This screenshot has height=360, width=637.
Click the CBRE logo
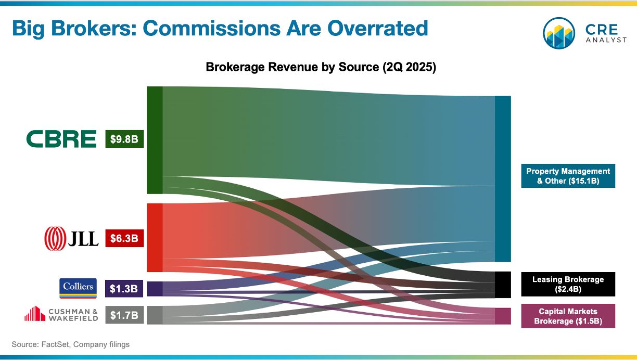click(61, 139)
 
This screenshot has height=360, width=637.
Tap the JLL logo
click(71, 238)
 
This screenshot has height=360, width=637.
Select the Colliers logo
click(78, 288)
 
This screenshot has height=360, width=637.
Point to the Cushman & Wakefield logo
click(61, 314)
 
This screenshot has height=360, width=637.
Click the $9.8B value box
click(124, 139)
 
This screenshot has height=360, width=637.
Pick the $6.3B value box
click(124, 238)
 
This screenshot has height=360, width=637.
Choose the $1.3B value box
click(124, 289)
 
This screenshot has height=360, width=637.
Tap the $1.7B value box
click(124, 315)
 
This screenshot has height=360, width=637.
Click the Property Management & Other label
click(568, 176)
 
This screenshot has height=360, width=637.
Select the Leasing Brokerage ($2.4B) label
click(568, 284)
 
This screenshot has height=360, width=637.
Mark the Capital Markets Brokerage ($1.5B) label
click(568, 316)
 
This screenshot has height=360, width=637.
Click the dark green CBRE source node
click(155, 140)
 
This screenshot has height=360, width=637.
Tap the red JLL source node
click(155, 237)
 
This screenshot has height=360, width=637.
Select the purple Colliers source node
click(155, 289)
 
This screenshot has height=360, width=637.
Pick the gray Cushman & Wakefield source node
click(155, 315)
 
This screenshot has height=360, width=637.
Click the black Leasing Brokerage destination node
click(503, 285)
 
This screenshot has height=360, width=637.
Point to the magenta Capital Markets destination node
click(503, 316)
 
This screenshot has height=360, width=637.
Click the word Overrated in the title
click(378, 28)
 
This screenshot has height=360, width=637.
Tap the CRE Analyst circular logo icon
click(559, 33)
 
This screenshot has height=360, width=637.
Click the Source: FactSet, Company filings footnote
click(71, 344)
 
